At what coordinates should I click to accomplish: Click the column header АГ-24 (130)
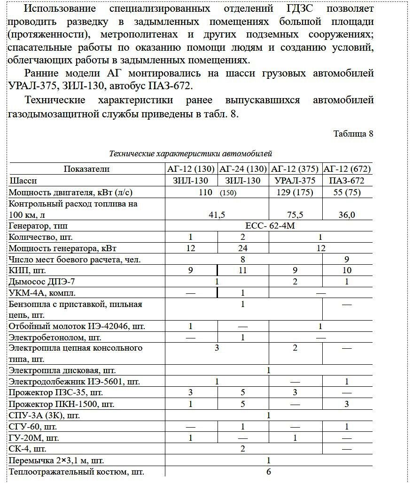pyautogui.click(x=243, y=169)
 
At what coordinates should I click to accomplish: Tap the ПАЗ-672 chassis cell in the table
pyautogui.click(x=347, y=180)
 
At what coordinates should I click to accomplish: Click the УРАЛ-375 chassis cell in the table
pyautogui.click(x=295, y=180)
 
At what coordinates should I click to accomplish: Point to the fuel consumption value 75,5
pyautogui.click(x=295, y=215)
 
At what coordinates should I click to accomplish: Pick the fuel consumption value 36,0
pyautogui.click(x=347, y=215)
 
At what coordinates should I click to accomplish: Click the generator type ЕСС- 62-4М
pyautogui.click(x=270, y=226)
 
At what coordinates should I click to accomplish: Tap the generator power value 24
pyautogui.click(x=243, y=248)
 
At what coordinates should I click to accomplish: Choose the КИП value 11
pyautogui.click(x=243, y=271)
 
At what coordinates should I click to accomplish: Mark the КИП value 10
pyautogui.click(x=347, y=271)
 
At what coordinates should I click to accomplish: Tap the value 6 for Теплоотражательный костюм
pyautogui.click(x=269, y=472)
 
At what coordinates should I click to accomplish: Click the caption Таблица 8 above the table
pyautogui.click(x=353, y=134)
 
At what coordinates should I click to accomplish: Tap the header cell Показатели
pyautogui.click(x=86, y=169)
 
